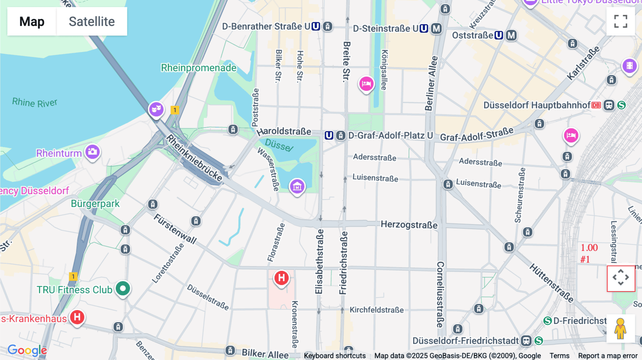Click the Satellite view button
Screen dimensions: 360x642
point(92,21)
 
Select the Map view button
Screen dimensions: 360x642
point(32,21)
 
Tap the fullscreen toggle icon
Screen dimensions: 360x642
point(621,21)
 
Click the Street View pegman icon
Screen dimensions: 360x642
point(620,329)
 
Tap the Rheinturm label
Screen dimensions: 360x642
point(59,153)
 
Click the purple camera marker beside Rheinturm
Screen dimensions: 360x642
point(93,151)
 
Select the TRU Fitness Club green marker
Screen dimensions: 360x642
point(123,288)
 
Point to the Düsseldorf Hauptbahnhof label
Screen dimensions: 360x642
point(536,105)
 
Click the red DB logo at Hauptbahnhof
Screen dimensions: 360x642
point(596,105)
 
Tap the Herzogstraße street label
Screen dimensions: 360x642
point(409,225)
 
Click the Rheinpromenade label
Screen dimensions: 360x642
point(198,68)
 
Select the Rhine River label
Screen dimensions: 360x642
point(35,103)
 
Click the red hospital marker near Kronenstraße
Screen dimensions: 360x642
point(281,278)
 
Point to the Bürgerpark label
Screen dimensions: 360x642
point(95,204)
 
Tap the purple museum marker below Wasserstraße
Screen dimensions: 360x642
point(297,186)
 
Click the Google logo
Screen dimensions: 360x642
point(27,350)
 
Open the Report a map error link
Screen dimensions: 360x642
point(607,356)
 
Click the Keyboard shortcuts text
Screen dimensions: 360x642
point(335,356)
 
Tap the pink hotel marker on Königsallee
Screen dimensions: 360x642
point(366,84)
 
